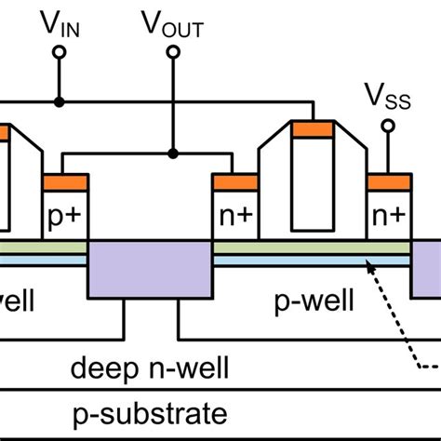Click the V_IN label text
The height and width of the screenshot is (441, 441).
point(59,22)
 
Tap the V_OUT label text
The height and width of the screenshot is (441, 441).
point(172,22)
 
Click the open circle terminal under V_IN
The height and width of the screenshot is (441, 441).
point(59,54)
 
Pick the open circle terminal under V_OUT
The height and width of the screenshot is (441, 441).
point(172,54)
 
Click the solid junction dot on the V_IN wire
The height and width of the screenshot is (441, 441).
point(59,101)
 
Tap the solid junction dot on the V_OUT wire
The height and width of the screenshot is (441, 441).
point(172,154)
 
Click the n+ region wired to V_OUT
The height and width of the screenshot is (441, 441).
point(234,215)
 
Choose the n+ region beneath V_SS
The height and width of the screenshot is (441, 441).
point(389,215)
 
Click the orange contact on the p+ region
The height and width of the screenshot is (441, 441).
point(65,180)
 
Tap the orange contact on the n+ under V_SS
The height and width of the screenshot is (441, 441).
point(389,180)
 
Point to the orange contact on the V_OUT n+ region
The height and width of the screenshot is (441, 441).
point(234,180)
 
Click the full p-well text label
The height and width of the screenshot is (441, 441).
point(309,303)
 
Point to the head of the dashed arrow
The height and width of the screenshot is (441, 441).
point(369,264)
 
